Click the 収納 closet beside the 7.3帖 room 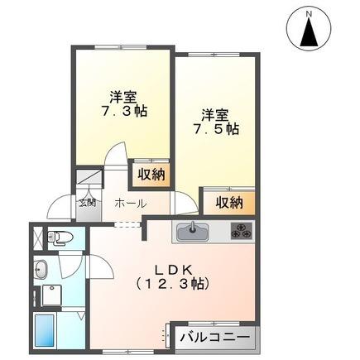pos(151,175)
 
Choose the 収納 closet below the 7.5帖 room pos(229,202)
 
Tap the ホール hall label pos(130,204)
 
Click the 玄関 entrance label pos(87,201)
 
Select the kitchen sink pos(193,231)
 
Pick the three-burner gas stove pos(240,232)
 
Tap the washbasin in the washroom pos(42,269)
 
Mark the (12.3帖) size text pos(175,284)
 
